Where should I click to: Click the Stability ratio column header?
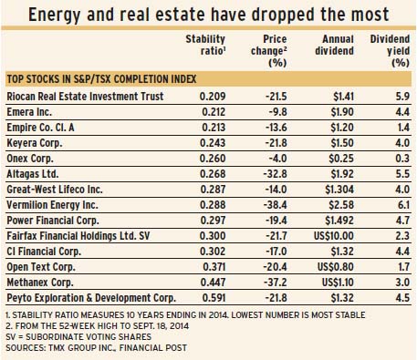coord(205,45)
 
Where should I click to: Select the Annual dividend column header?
coord(334,45)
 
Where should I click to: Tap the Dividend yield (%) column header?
coord(390,51)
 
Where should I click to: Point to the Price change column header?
coord(269,51)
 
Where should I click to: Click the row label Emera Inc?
coord(29,112)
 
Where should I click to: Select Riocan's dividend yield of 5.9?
coord(402,97)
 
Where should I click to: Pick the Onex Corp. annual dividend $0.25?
coord(341,159)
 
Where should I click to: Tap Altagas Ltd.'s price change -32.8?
coord(275,174)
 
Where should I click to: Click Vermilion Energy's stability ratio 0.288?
coord(213,205)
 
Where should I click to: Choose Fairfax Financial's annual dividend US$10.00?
coord(334,236)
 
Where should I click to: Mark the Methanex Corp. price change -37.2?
coord(275,283)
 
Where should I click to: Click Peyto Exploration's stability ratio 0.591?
coord(214,298)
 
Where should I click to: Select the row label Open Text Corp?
coord(41,267)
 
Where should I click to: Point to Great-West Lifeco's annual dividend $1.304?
coord(339,190)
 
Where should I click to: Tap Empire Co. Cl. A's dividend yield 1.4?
coord(403,128)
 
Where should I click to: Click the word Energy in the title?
coord(55,15)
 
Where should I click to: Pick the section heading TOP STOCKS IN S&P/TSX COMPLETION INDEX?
coord(101,79)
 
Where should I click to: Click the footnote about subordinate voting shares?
coord(78,337)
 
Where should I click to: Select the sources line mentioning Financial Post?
coord(96,348)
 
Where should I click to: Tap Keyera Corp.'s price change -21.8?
coord(276,143)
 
